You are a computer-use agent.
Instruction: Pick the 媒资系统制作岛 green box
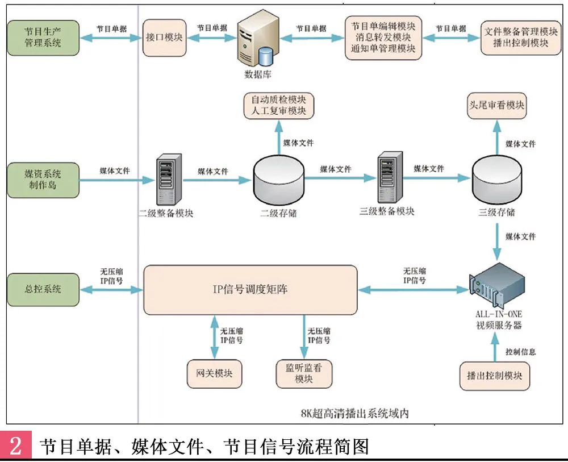pos(43,180)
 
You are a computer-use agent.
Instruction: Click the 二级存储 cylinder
pos(278,181)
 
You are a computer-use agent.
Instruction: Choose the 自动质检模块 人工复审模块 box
pos(278,105)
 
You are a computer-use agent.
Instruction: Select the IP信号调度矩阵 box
pos(250,290)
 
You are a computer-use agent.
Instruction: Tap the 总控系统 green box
pos(43,289)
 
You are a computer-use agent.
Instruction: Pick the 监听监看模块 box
pos(304,373)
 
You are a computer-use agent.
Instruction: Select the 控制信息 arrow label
pos(520,352)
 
